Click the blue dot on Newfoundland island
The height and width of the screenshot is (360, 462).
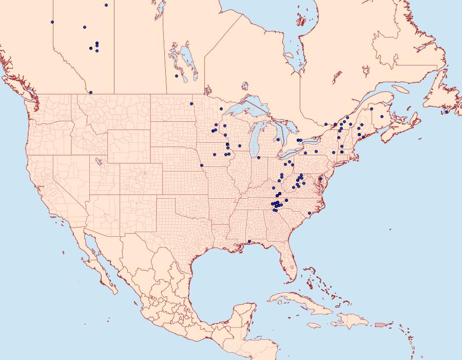[x=447, y=112]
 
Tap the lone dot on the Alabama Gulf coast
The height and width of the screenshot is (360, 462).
[x=249, y=241]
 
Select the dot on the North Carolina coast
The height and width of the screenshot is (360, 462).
[x=310, y=213]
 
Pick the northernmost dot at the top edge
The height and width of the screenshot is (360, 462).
[x=106, y=5]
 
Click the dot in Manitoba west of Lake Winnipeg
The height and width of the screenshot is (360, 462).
[x=177, y=76]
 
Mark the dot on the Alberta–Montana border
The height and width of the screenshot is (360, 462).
[x=91, y=92]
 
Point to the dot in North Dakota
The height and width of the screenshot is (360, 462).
[x=191, y=104]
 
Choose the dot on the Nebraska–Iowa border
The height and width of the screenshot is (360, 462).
[x=202, y=165]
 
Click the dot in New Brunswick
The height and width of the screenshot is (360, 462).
[x=382, y=117]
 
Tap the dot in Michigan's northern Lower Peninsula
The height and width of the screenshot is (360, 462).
[x=278, y=140]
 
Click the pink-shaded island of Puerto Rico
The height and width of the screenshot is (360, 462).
[x=380, y=324]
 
